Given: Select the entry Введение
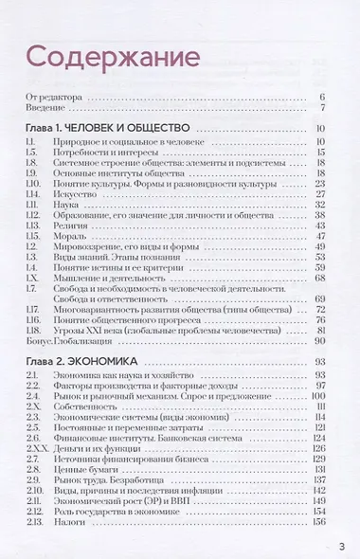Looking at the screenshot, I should (x=43, y=107).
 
